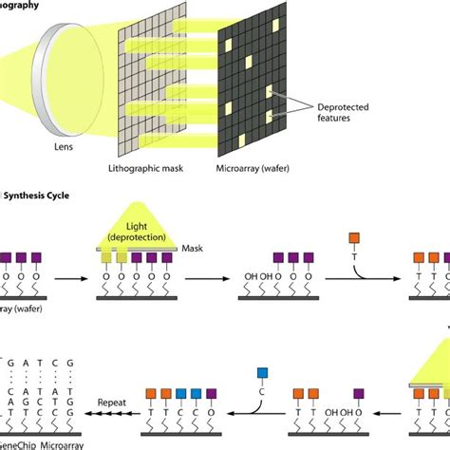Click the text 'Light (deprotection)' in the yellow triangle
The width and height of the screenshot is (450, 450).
click(x=141, y=233)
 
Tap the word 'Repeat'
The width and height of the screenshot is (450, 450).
click(x=112, y=403)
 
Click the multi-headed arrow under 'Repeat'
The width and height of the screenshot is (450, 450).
click(x=111, y=414)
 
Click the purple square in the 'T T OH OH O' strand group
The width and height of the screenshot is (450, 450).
click(x=358, y=392)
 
